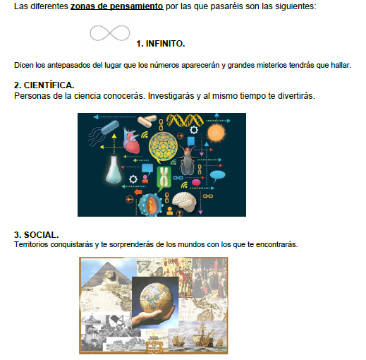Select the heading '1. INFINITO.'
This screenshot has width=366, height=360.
tap(161, 44)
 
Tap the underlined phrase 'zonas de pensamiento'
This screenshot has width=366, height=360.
tap(117, 6)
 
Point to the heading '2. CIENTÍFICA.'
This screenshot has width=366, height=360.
tap(44, 85)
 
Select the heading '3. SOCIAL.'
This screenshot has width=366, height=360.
tap(36, 235)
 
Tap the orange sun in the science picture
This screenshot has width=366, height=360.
tap(216, 133)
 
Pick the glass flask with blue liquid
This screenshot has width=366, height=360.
tap(114, 169)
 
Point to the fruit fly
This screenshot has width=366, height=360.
tap(188, 160)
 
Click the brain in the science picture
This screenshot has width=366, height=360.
tap(185, 202)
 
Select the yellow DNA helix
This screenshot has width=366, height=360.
tap(185, 120)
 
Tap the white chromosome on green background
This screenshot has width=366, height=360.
tap(164, 178)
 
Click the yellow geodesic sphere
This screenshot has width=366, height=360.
tap(163, 145)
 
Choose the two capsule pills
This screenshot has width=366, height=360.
tap(147, 121)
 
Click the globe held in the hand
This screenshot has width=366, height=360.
tap(157, 298)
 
